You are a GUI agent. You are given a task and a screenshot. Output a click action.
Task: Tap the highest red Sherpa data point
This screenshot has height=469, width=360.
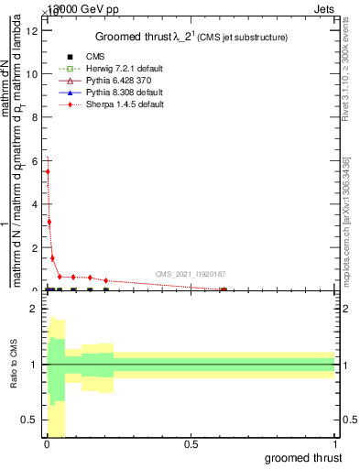pos(48,171)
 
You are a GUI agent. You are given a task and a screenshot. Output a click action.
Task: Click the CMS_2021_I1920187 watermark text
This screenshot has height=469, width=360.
pos(190,274)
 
